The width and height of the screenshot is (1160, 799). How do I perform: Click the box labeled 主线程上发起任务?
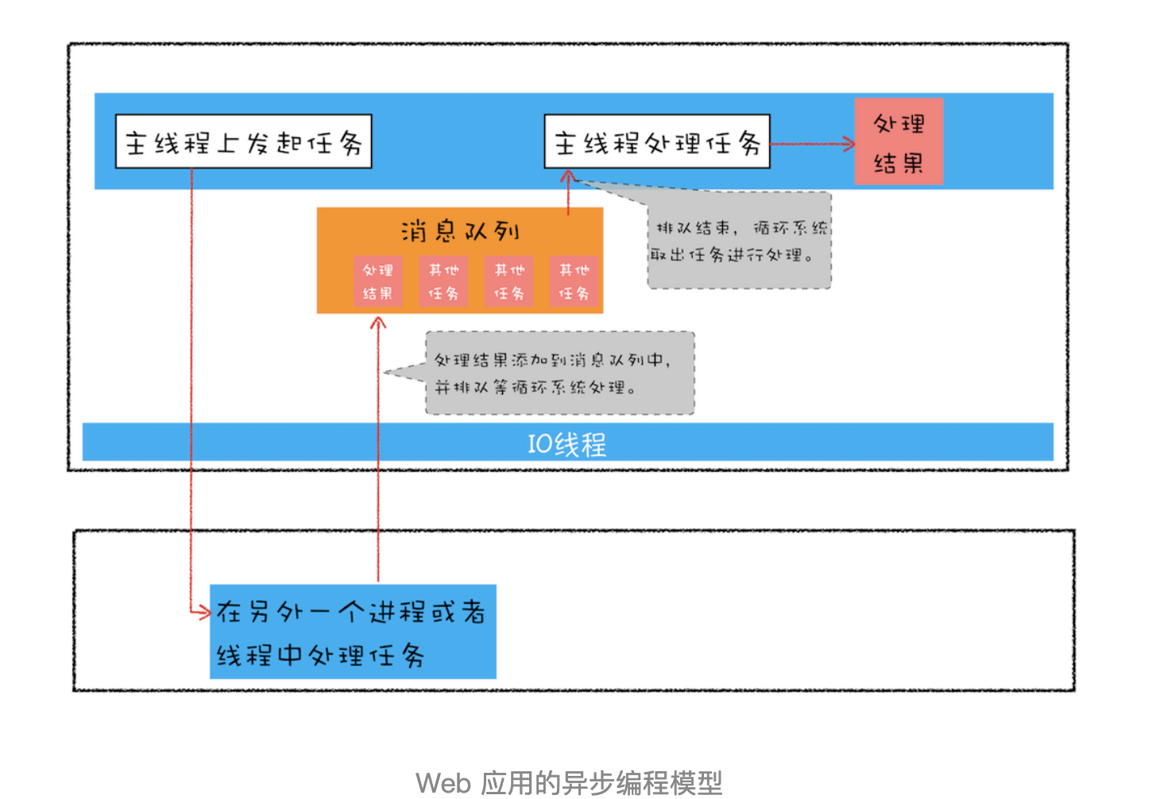[x=243, y=142]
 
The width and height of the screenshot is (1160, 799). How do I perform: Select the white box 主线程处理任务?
[x=656, y=142]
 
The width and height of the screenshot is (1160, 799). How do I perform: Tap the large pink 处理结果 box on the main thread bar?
[x=899, y=142]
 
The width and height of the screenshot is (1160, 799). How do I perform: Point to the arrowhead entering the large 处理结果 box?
[x=849, y=144]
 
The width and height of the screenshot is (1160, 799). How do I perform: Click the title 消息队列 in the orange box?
[x=459, y=231]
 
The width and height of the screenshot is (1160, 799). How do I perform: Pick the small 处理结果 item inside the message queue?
[x=378, y=281]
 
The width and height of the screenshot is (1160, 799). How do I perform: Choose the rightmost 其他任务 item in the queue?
[x=574, y=281]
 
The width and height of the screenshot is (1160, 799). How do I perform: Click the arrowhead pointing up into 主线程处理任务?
[x=568, y=177]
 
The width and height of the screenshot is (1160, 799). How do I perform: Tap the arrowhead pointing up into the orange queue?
[x=378, y=323]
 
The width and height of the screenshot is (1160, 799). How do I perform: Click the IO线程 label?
[x=566, y=443]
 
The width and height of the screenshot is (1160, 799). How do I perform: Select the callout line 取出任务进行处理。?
[x=731, y=255]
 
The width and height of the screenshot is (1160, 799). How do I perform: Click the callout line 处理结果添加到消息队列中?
[x=553, y=361]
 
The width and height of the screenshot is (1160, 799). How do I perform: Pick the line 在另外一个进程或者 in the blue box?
[x=351, y=612]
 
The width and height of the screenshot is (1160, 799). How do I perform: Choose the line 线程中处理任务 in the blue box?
[x=320, y=655]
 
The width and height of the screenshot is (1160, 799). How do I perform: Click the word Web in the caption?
[x=443, y=783]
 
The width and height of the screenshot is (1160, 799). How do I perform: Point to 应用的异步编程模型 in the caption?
[x=601, y=783]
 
